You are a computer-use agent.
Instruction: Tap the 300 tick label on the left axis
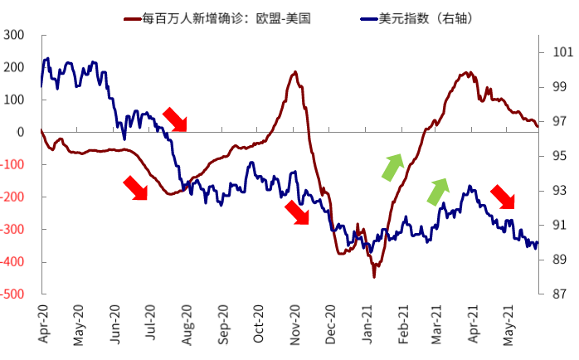coord(14,35)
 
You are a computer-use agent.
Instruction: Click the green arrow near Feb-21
coord(392,167)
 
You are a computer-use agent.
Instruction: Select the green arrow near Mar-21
coord(437,192)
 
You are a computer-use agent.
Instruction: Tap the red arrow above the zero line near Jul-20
coord(175,119)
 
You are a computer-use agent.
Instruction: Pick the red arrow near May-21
coord(503,197)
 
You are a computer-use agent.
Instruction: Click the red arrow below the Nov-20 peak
coord(296,212)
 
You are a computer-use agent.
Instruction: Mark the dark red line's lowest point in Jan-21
coord(373,276)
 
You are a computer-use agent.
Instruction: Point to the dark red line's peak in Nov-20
coord(296,72)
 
